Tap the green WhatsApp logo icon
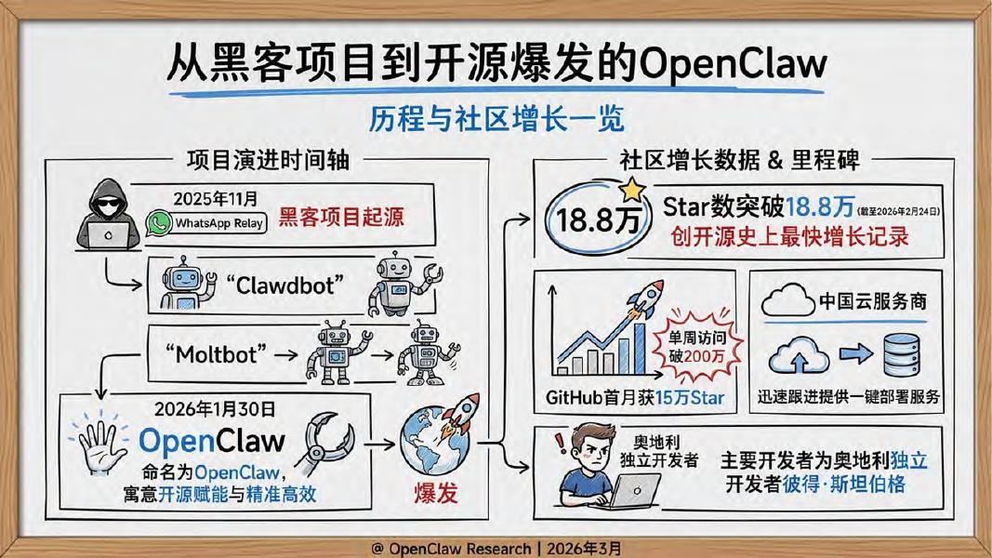point(159,222)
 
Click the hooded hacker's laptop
point(110,234)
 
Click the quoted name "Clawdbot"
point(284,285)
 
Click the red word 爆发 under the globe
point(435,493)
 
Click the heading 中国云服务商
point(872,302)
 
